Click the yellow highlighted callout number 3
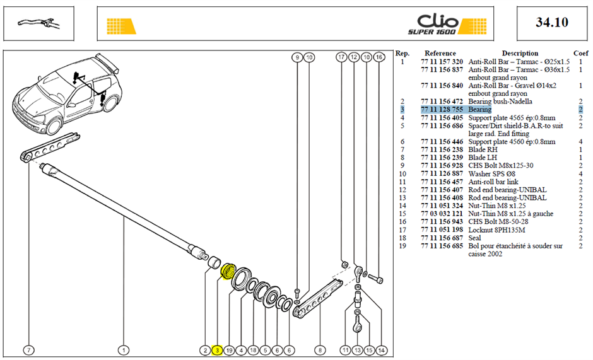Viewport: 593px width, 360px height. click(217, 351)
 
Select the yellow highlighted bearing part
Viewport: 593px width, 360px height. click(228, 270)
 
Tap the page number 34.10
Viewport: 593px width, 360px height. click(552, 22)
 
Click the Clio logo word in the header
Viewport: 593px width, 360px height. click(438, 21)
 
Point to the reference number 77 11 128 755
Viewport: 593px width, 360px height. click(442, 109)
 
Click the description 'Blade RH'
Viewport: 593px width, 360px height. click(483, 149)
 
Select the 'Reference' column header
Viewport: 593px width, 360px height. click(440, 54)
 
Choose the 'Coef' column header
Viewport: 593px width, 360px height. click(581, 54)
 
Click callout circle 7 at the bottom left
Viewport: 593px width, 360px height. click(29, 351)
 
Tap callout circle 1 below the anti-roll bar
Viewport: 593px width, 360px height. click(123, 351)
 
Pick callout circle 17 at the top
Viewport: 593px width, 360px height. click(341, 57)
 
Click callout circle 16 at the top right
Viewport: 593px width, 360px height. click(379, 57)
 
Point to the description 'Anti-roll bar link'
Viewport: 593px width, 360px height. click(493, 182)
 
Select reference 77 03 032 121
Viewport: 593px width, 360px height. click(442, 214)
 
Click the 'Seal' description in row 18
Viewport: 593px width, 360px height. click(474, 238)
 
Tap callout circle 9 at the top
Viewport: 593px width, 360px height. click(298, 57)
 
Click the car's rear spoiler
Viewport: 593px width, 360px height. click(107, 62)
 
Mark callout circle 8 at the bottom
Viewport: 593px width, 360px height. click(320, 351)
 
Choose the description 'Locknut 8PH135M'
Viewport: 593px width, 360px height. click(496, 230)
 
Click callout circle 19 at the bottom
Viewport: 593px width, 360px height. click(229, 351)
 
